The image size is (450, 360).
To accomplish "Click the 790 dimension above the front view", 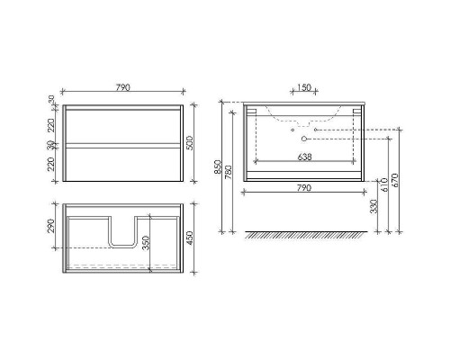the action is tap(123, 87).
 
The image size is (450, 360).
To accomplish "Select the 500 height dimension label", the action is tap(190, 143).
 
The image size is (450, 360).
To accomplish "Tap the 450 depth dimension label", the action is tap(190, 238).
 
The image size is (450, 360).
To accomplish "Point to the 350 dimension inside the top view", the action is tap(146, 243).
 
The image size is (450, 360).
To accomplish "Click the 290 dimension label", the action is tap(51, 226).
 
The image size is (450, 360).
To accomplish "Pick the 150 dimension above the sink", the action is tap(304, 87).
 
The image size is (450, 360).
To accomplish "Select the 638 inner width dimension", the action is tap(304, 157).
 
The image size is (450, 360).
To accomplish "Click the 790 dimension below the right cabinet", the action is tap(304, 188).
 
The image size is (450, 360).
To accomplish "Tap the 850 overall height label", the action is tap(218, 167).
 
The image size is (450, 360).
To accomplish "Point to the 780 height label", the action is tap(229, 172).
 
